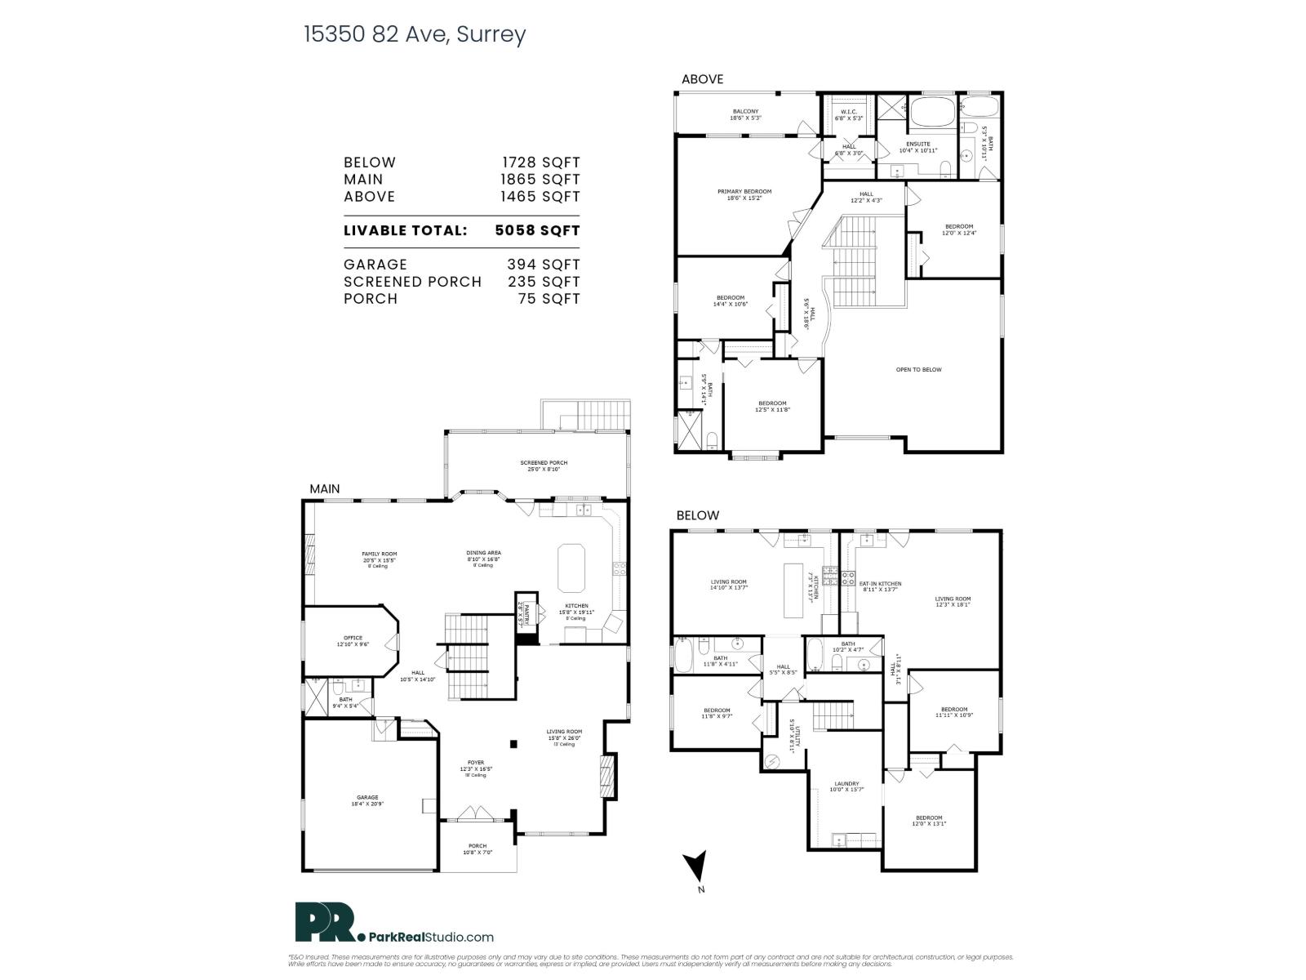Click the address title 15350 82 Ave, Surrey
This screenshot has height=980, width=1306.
pos(415,34)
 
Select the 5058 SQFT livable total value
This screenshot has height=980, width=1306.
pos(537,230)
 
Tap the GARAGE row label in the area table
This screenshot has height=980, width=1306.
pos(375,265)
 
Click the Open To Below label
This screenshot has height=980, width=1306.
pos(918,370)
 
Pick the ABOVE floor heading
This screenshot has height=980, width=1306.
pos(702,79)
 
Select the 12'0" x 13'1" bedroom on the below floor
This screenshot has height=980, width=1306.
pos(928,820)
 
